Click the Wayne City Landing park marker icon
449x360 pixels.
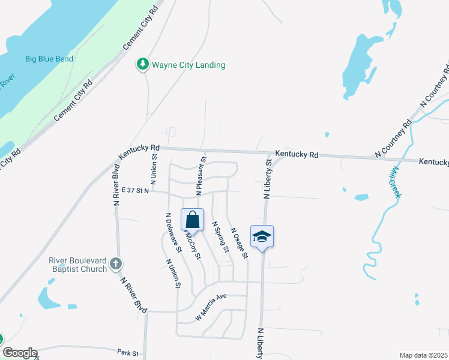(x=143, y=64)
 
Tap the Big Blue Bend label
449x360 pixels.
(x=49, y=59)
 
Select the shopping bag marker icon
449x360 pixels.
(x=192, y=220)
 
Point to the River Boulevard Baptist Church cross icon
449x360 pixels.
(x=116, y=263)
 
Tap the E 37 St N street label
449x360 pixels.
(x=134, y=190)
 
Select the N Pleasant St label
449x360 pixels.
(x=201, y=176)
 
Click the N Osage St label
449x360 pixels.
(x=238, y=242)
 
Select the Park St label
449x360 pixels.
(x=128, y=353)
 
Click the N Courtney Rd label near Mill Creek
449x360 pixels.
(x=394, y=139)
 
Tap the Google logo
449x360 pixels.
(x=19, y=353)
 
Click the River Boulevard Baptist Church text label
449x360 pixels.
(x=78, y=265)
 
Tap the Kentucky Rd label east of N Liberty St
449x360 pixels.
(x=297, y=155)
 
